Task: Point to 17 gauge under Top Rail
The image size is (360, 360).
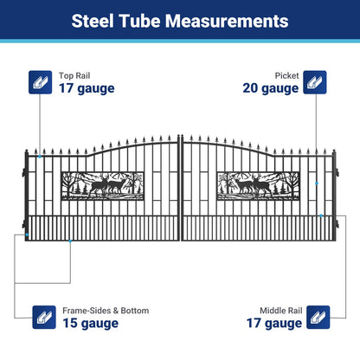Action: click(x=87, y=87)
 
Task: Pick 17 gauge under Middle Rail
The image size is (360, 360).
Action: click(x=274, y=324)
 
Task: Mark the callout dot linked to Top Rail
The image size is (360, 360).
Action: click(x=38, y=157)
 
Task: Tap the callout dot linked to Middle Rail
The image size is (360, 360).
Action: click(x=320, y=215)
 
